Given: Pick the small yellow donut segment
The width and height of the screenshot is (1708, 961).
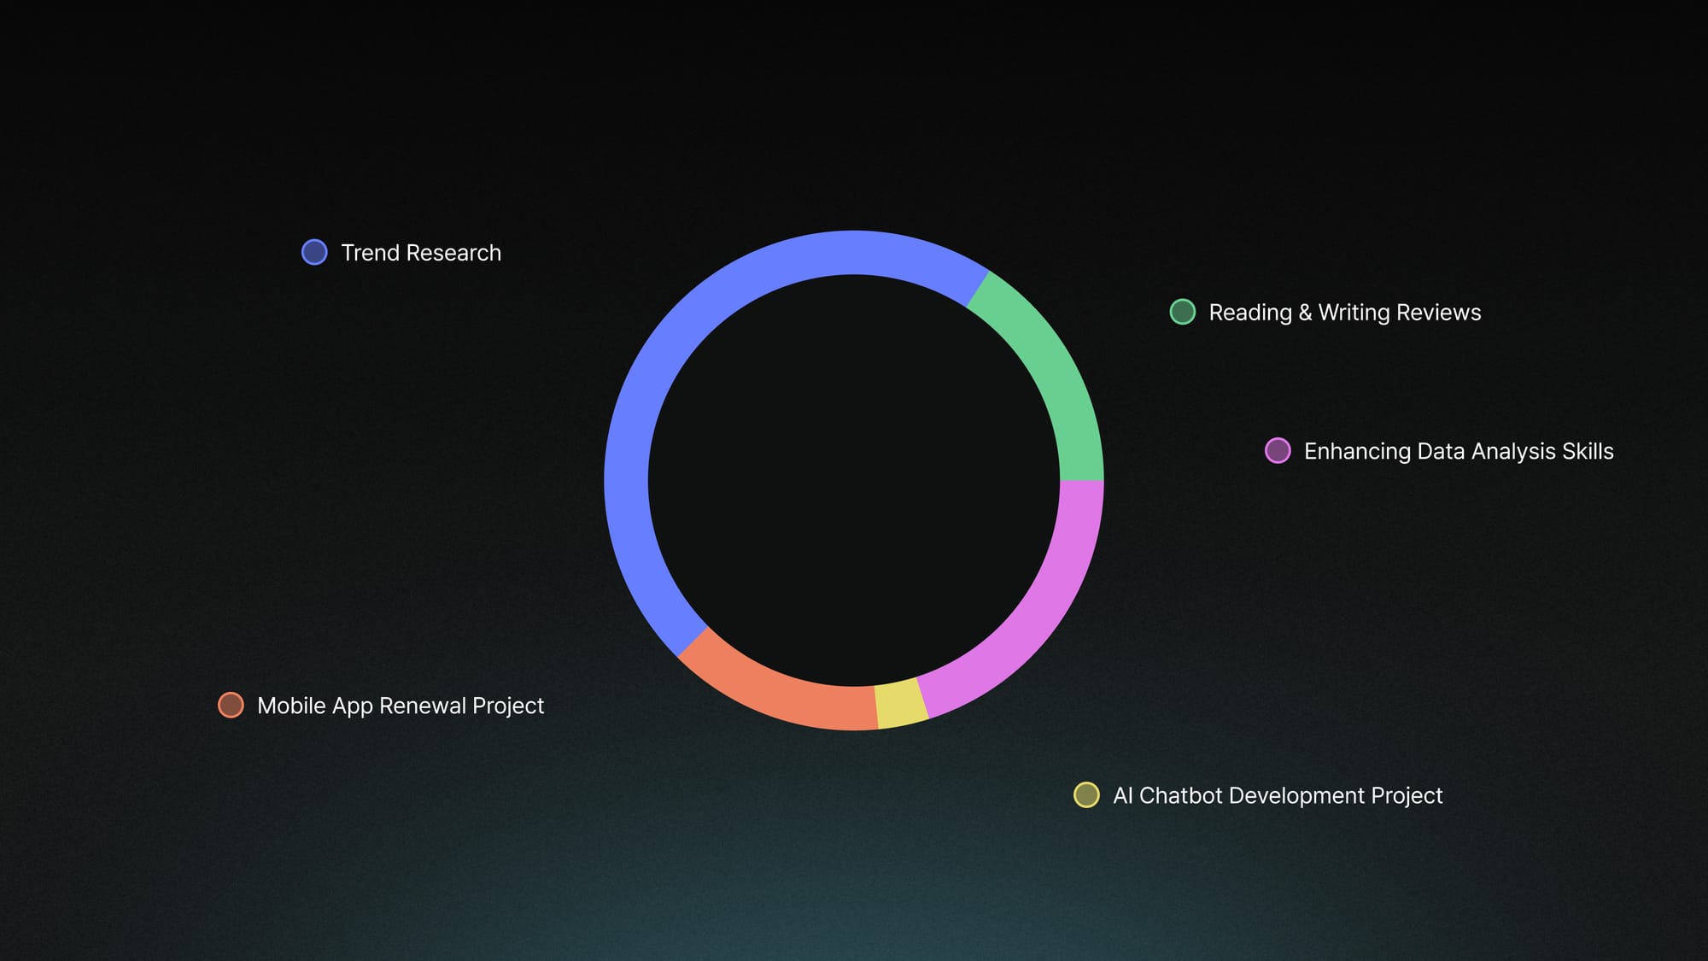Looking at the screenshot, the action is (902, 705).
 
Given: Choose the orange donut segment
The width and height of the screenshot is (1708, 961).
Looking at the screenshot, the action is (773, 692).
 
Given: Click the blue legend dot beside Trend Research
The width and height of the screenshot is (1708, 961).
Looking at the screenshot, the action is (314, 252).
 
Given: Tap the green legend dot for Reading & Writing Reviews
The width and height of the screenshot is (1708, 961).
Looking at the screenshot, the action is (1182, 312).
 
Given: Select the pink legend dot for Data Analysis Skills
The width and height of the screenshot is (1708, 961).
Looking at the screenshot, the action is (1278, 450).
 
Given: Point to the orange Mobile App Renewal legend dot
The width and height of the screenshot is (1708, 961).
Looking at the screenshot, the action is (231, 705).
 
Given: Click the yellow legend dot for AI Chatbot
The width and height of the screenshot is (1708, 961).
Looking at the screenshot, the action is (1086, 794).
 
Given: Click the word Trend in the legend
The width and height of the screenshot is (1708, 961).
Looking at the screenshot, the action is (371, 253).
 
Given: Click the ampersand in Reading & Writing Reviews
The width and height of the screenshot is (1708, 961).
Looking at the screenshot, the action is (1305, 313).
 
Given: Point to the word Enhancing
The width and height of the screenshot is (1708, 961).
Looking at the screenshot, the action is (1357, 452).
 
